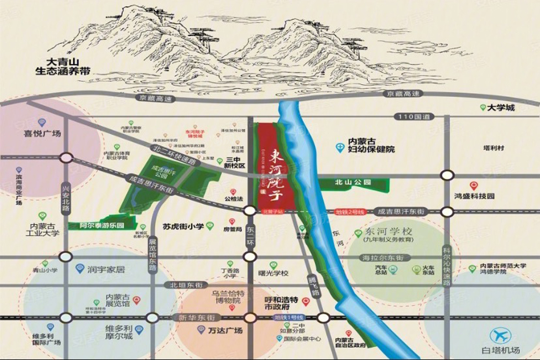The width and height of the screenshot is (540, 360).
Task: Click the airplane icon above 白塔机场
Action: coord(500,335)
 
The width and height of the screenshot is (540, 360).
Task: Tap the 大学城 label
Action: coord(501,108)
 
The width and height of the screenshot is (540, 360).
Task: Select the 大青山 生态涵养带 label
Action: coord(62,67)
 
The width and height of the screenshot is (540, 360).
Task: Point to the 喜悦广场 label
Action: coord(42,134)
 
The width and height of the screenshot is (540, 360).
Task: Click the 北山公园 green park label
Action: coord(353,182)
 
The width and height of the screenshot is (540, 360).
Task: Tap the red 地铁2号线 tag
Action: coord(350,212)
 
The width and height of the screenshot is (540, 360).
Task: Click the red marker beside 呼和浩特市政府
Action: coord(305,301)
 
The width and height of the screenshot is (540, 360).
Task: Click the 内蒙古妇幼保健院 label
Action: coord(371,145)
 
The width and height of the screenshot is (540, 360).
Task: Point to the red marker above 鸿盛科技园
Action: coord(474,186)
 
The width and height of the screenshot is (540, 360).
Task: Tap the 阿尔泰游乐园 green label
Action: coord(102,225)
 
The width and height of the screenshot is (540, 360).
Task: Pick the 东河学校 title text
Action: coord(388,232)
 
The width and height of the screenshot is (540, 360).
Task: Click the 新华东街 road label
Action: coord(197,318)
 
